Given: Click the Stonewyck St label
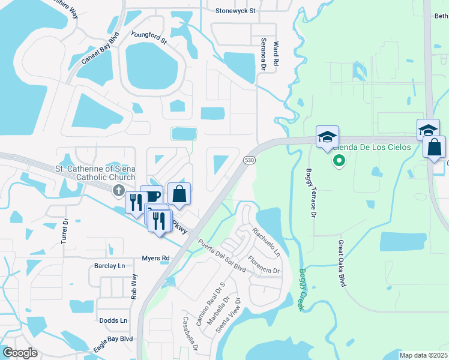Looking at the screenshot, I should point(235,11).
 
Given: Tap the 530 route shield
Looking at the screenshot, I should point(249,160).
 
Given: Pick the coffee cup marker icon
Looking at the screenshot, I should point(152,196).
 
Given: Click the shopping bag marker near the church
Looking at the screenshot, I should point(179,194).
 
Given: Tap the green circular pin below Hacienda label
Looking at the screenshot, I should point(339,160).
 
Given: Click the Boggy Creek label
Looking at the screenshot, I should point(301,289).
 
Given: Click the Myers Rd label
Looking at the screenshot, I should point(155,258).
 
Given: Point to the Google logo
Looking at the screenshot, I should point(20,353).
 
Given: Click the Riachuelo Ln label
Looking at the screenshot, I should point(266,242).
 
